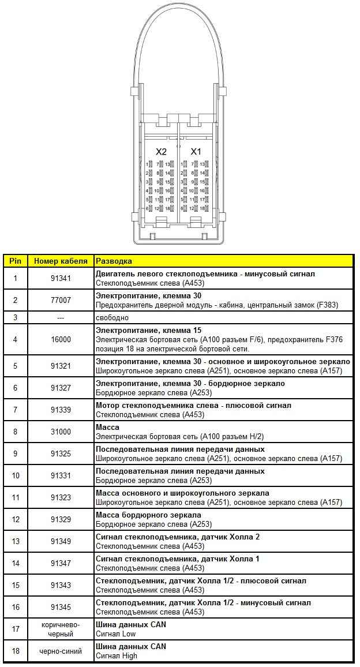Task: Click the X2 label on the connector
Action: (x=162, y=151)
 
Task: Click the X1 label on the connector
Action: (x=196, y=151)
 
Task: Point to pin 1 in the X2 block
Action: (x=150, y=164)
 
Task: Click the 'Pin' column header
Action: (x=15, y=261)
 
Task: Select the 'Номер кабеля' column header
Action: (x=61, y=261)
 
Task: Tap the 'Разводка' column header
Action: (x=114, y=261)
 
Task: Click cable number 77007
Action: (x=61, y=300)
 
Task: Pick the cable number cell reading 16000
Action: (x=61, y=340)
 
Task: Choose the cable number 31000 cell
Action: (x=61, y=432)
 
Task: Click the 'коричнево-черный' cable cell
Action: (x=61, y=629)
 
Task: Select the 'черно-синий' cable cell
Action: (x=61, y=651)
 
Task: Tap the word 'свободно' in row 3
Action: (x=112, y=318)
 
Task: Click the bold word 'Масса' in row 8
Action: (x=107, y=428)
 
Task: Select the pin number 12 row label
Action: (x=16, y=519)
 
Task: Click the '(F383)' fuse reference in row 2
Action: (x=336, y=304)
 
